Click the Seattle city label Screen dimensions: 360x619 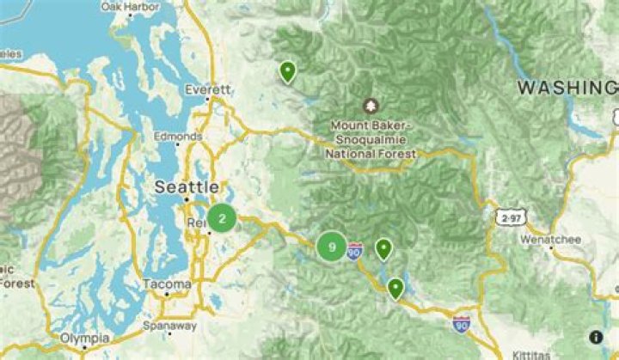point(186,186)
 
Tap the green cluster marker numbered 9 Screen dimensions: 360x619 point(331,247)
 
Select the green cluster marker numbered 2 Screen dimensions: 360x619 point(222,218)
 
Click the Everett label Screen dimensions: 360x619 point(210,89)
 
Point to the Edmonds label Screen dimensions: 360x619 point(181,137)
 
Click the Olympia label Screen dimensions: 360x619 point(85,339)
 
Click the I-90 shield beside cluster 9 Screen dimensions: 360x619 point(355,251)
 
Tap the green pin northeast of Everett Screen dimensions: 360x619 point(287,70)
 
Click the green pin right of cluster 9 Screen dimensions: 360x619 point(383,248)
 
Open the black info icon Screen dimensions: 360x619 point(596,338)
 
